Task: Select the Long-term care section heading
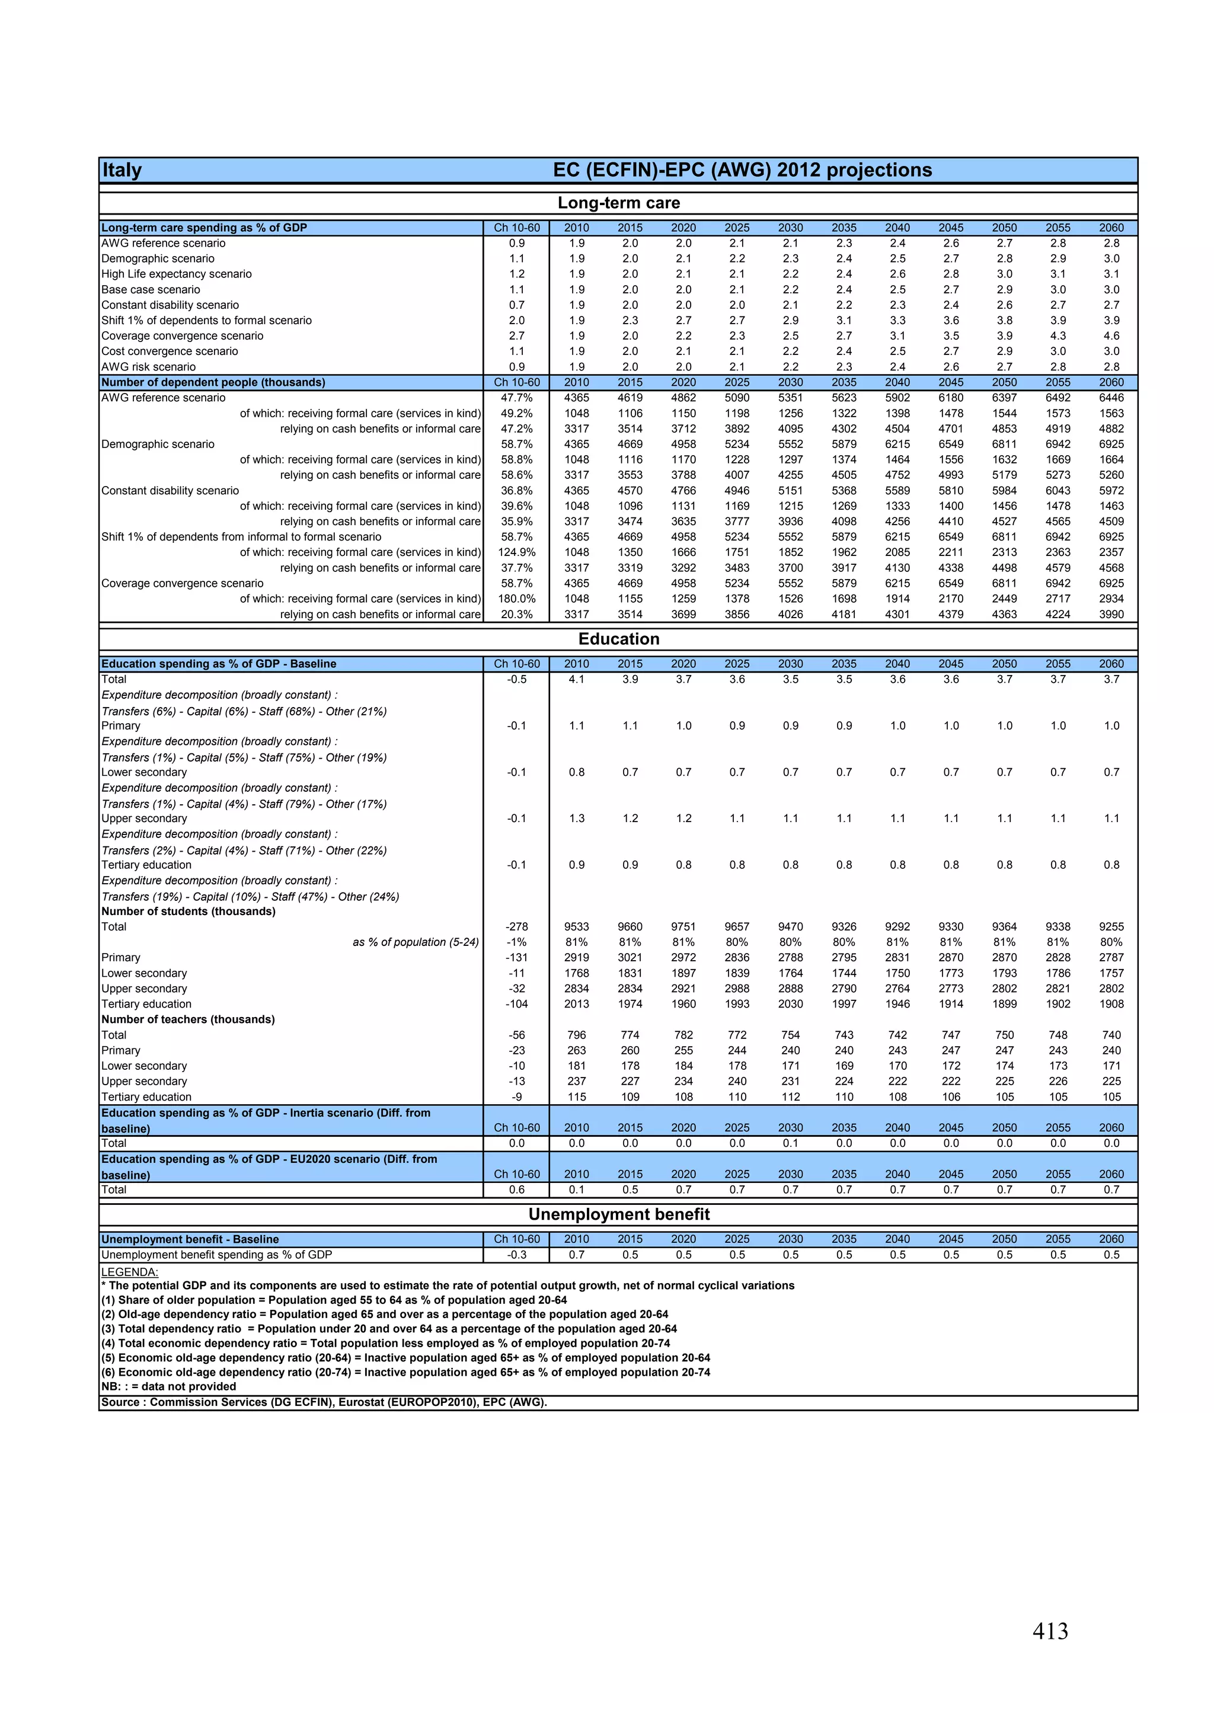point(619,203)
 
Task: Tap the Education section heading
point(619,639)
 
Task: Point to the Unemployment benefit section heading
point(619,1214)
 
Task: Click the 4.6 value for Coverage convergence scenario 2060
point(1111,336)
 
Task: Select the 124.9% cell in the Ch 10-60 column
point(516,552)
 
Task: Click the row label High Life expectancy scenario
point(177,274)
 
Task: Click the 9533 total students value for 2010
point(576,926)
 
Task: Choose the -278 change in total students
point(516,926)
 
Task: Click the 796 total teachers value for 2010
point(576,1035)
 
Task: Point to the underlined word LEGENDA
point(129,1272)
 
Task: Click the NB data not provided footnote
point(168,1386)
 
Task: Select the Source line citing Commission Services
point(324,1402)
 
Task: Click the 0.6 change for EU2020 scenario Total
point(516,1189)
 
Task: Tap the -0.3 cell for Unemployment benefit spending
point(516,1255)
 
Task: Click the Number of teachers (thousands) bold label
point(188,1019)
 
